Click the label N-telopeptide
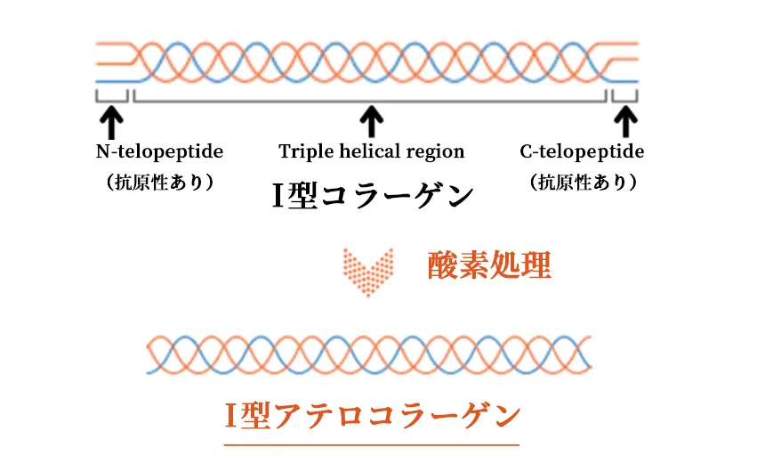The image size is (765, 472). click(x=159, y=151)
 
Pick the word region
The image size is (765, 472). click(x=438, y=151)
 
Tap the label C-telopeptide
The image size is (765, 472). click(x=582, y=151)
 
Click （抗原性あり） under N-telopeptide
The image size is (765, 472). click(x=159, y=182)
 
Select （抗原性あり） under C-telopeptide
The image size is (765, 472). click(x=583, y=182)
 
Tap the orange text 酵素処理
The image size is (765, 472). click(x=489, y=265)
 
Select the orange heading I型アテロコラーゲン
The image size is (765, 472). click(x=372, y=414)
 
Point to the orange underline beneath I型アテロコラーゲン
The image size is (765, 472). click(x=372, y=443)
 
